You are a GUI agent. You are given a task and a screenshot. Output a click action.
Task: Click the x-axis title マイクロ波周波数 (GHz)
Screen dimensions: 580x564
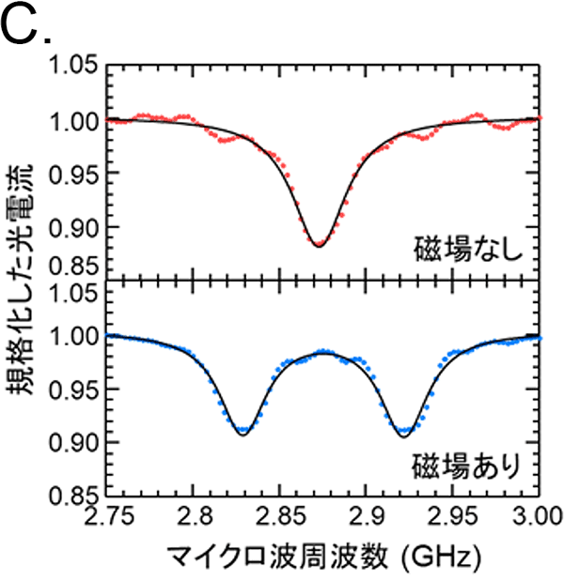tap(322, 557)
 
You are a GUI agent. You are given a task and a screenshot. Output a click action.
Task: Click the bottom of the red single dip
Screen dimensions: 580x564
tap(319, 244)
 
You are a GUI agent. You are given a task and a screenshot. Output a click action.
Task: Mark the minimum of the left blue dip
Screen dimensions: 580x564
tap(243, 432)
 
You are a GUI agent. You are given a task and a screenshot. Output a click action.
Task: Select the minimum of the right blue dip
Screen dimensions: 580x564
tap(405, 433)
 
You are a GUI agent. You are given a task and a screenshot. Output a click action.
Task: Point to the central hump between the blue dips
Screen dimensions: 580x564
tap(323, 352)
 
